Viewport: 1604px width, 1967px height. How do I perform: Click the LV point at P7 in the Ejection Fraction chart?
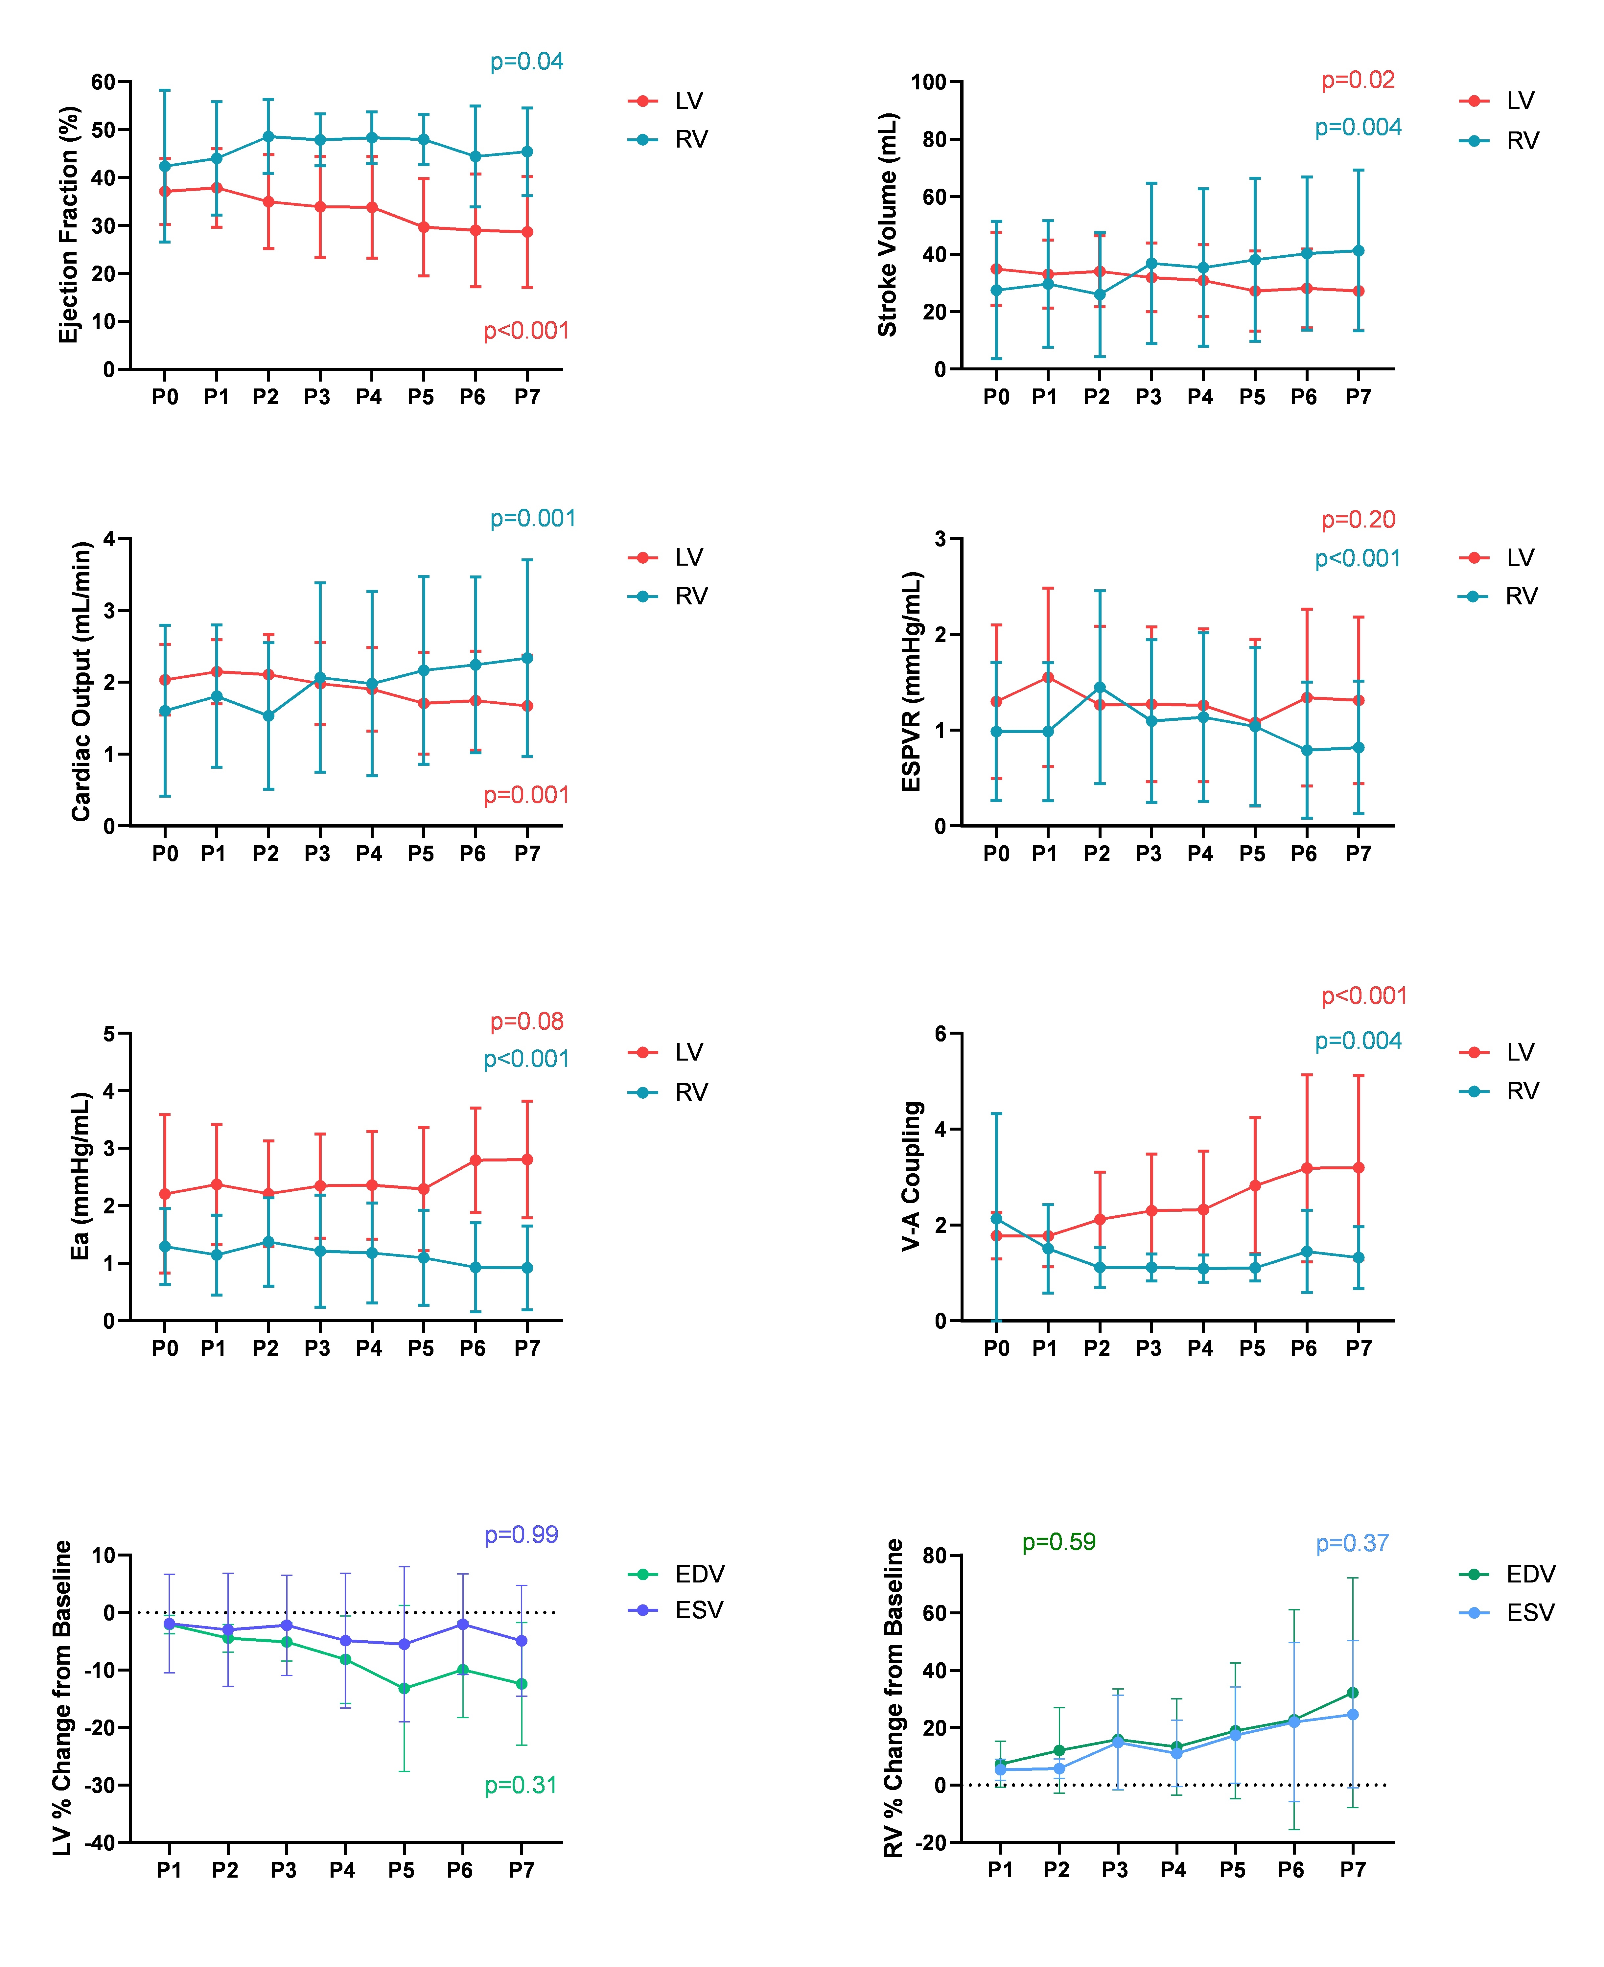[527, 232]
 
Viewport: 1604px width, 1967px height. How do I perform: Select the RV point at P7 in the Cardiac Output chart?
[527, 658]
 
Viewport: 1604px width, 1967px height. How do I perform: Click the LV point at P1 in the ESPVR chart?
[1048, 677]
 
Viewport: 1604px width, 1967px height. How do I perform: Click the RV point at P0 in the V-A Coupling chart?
[996, 1219]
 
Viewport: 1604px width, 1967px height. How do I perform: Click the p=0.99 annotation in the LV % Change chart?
[521, 1534]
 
